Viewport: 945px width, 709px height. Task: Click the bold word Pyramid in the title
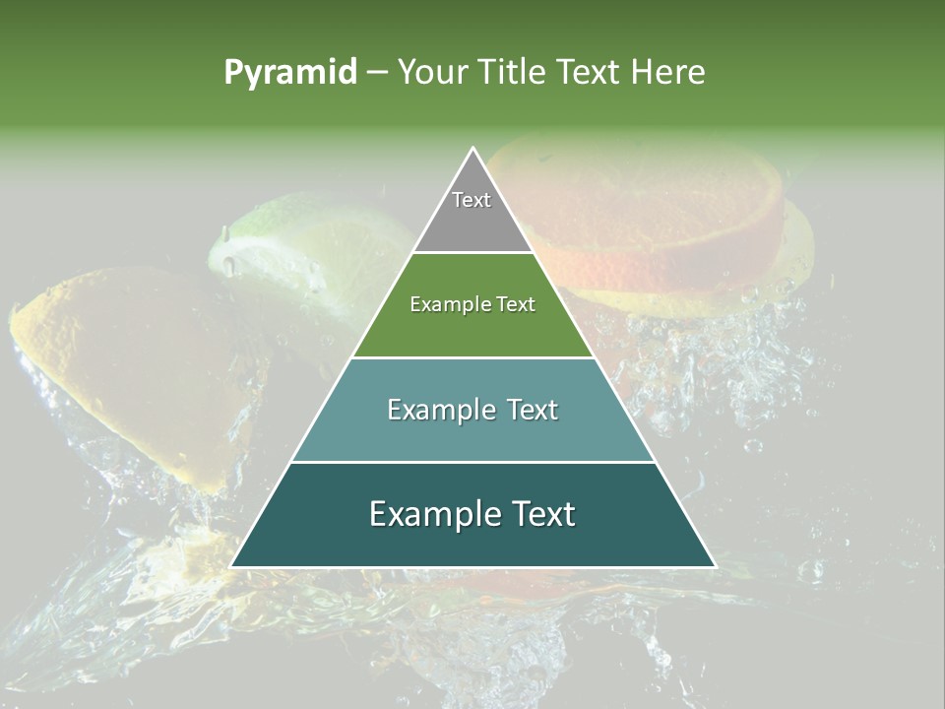(x=289, y=73)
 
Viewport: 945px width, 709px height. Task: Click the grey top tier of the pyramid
(x=472, y=222)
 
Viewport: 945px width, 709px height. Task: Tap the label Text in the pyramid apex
(x=472, y=200)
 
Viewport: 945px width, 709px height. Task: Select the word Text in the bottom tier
(x=541, y=514)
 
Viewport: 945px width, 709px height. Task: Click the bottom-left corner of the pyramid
(x=231, y=566)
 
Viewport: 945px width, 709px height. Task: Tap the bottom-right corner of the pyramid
(x=715, y=566)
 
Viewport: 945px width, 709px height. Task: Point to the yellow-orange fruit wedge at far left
(x=128, y=364)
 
